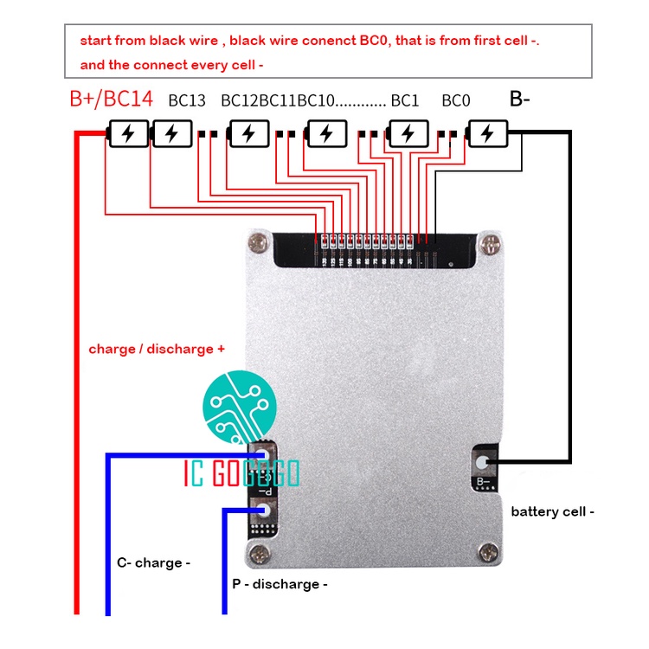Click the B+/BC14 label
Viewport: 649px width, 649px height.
pos(111,99)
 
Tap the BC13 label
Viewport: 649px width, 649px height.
pos(187,100)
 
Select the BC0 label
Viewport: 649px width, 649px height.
pos(455,100)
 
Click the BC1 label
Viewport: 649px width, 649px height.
pos(404,100)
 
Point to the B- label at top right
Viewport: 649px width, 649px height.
pos(519,99)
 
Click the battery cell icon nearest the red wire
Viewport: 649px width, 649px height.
pos(127,134)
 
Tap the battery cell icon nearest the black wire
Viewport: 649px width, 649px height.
pos(487,134)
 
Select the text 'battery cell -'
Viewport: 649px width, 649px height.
pos(552,511)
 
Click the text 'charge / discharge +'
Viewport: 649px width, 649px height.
pos(157,349)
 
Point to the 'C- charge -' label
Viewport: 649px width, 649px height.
pos(153,562)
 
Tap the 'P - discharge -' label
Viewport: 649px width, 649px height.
pos(280,584)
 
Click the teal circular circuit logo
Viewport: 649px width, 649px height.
pos(239,404)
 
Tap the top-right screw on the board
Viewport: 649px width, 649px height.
pos(489,244)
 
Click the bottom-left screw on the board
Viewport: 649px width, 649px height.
pos(257,552)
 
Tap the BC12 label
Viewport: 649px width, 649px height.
pos(240,100)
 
